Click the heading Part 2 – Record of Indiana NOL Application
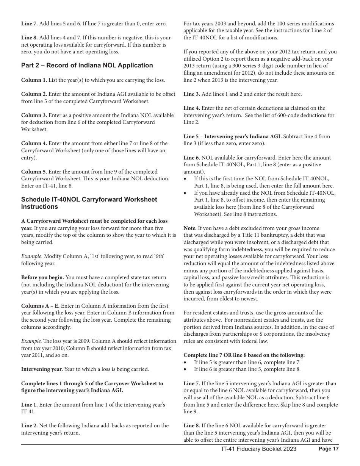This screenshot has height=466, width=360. point(87,66)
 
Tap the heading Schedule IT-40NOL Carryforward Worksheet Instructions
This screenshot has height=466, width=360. point(89,203)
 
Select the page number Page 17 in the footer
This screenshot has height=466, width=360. point(329,449)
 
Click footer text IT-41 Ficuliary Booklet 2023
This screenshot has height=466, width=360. point(259,449)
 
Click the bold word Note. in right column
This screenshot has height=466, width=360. point(190,228)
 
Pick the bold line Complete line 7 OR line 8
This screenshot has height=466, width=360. point(244,355)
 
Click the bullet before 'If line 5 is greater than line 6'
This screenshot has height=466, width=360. point(185,362)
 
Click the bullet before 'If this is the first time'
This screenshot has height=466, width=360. point(185,179)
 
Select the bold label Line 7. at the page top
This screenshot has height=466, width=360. point(29,23)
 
